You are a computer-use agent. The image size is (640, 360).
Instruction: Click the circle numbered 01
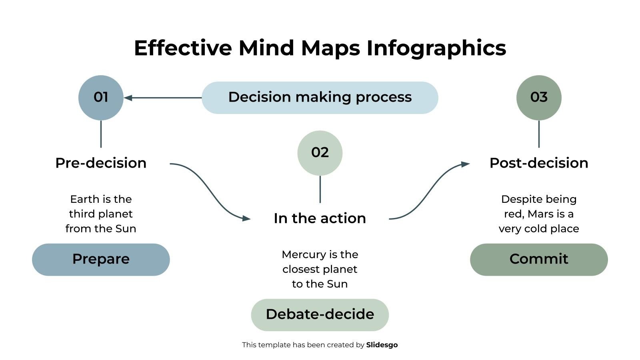click(x=101, y=98)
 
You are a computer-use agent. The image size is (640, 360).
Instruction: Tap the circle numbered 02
click(x=320, y=153)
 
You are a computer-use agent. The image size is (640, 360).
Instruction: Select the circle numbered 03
click(x=539, y=98)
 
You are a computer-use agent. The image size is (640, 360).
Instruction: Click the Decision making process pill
click(x=320, y=98)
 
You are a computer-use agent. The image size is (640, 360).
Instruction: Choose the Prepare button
click(x=101, y=259)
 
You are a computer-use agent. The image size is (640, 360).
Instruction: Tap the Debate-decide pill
click(x=320, y=314)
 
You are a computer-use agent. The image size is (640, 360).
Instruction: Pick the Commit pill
click(x=539, y=259)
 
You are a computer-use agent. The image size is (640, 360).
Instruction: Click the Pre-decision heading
click(x=101, y=163)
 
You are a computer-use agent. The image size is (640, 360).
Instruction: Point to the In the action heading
click(x=320, y=218)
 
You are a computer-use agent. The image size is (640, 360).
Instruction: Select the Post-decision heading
click(x=539, y=163)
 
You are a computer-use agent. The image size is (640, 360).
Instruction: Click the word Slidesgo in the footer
click(x=382, y=345)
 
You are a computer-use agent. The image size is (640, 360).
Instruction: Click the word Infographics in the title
click(x=436, y=48)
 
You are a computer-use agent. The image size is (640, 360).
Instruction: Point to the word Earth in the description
click(x=84, y=199)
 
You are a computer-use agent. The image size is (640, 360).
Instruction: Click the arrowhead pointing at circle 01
click(x=128, y=98)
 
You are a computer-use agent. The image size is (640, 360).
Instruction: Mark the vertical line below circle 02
click(x=320, y=189)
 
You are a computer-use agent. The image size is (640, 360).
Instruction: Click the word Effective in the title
click(x=182, y=48)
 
